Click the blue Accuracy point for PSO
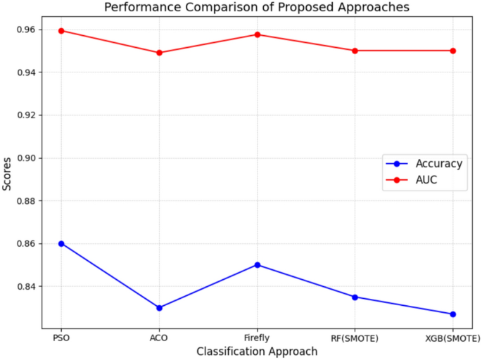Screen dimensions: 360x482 (x=61, y=243)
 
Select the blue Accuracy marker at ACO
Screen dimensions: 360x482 (x=159, y=308)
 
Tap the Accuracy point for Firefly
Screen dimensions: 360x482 (x=258, y=265)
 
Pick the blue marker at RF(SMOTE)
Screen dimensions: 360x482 (x=355, y=297)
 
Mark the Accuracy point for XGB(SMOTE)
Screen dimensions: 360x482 (x=453, y=314)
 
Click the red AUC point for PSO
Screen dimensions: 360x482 (x=61, y=31)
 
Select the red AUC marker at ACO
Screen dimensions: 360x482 (x=159, y=53)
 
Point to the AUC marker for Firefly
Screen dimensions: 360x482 (x=258, y=34)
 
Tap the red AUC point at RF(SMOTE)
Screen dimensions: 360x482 (x=355, y=51)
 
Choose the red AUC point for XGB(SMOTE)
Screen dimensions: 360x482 (x=453, y=51)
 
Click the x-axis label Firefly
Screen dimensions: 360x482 (x=258, y=338)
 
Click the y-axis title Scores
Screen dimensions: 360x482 (x=7, y=173)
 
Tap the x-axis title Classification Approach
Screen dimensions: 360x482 (x=257, y=351)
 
